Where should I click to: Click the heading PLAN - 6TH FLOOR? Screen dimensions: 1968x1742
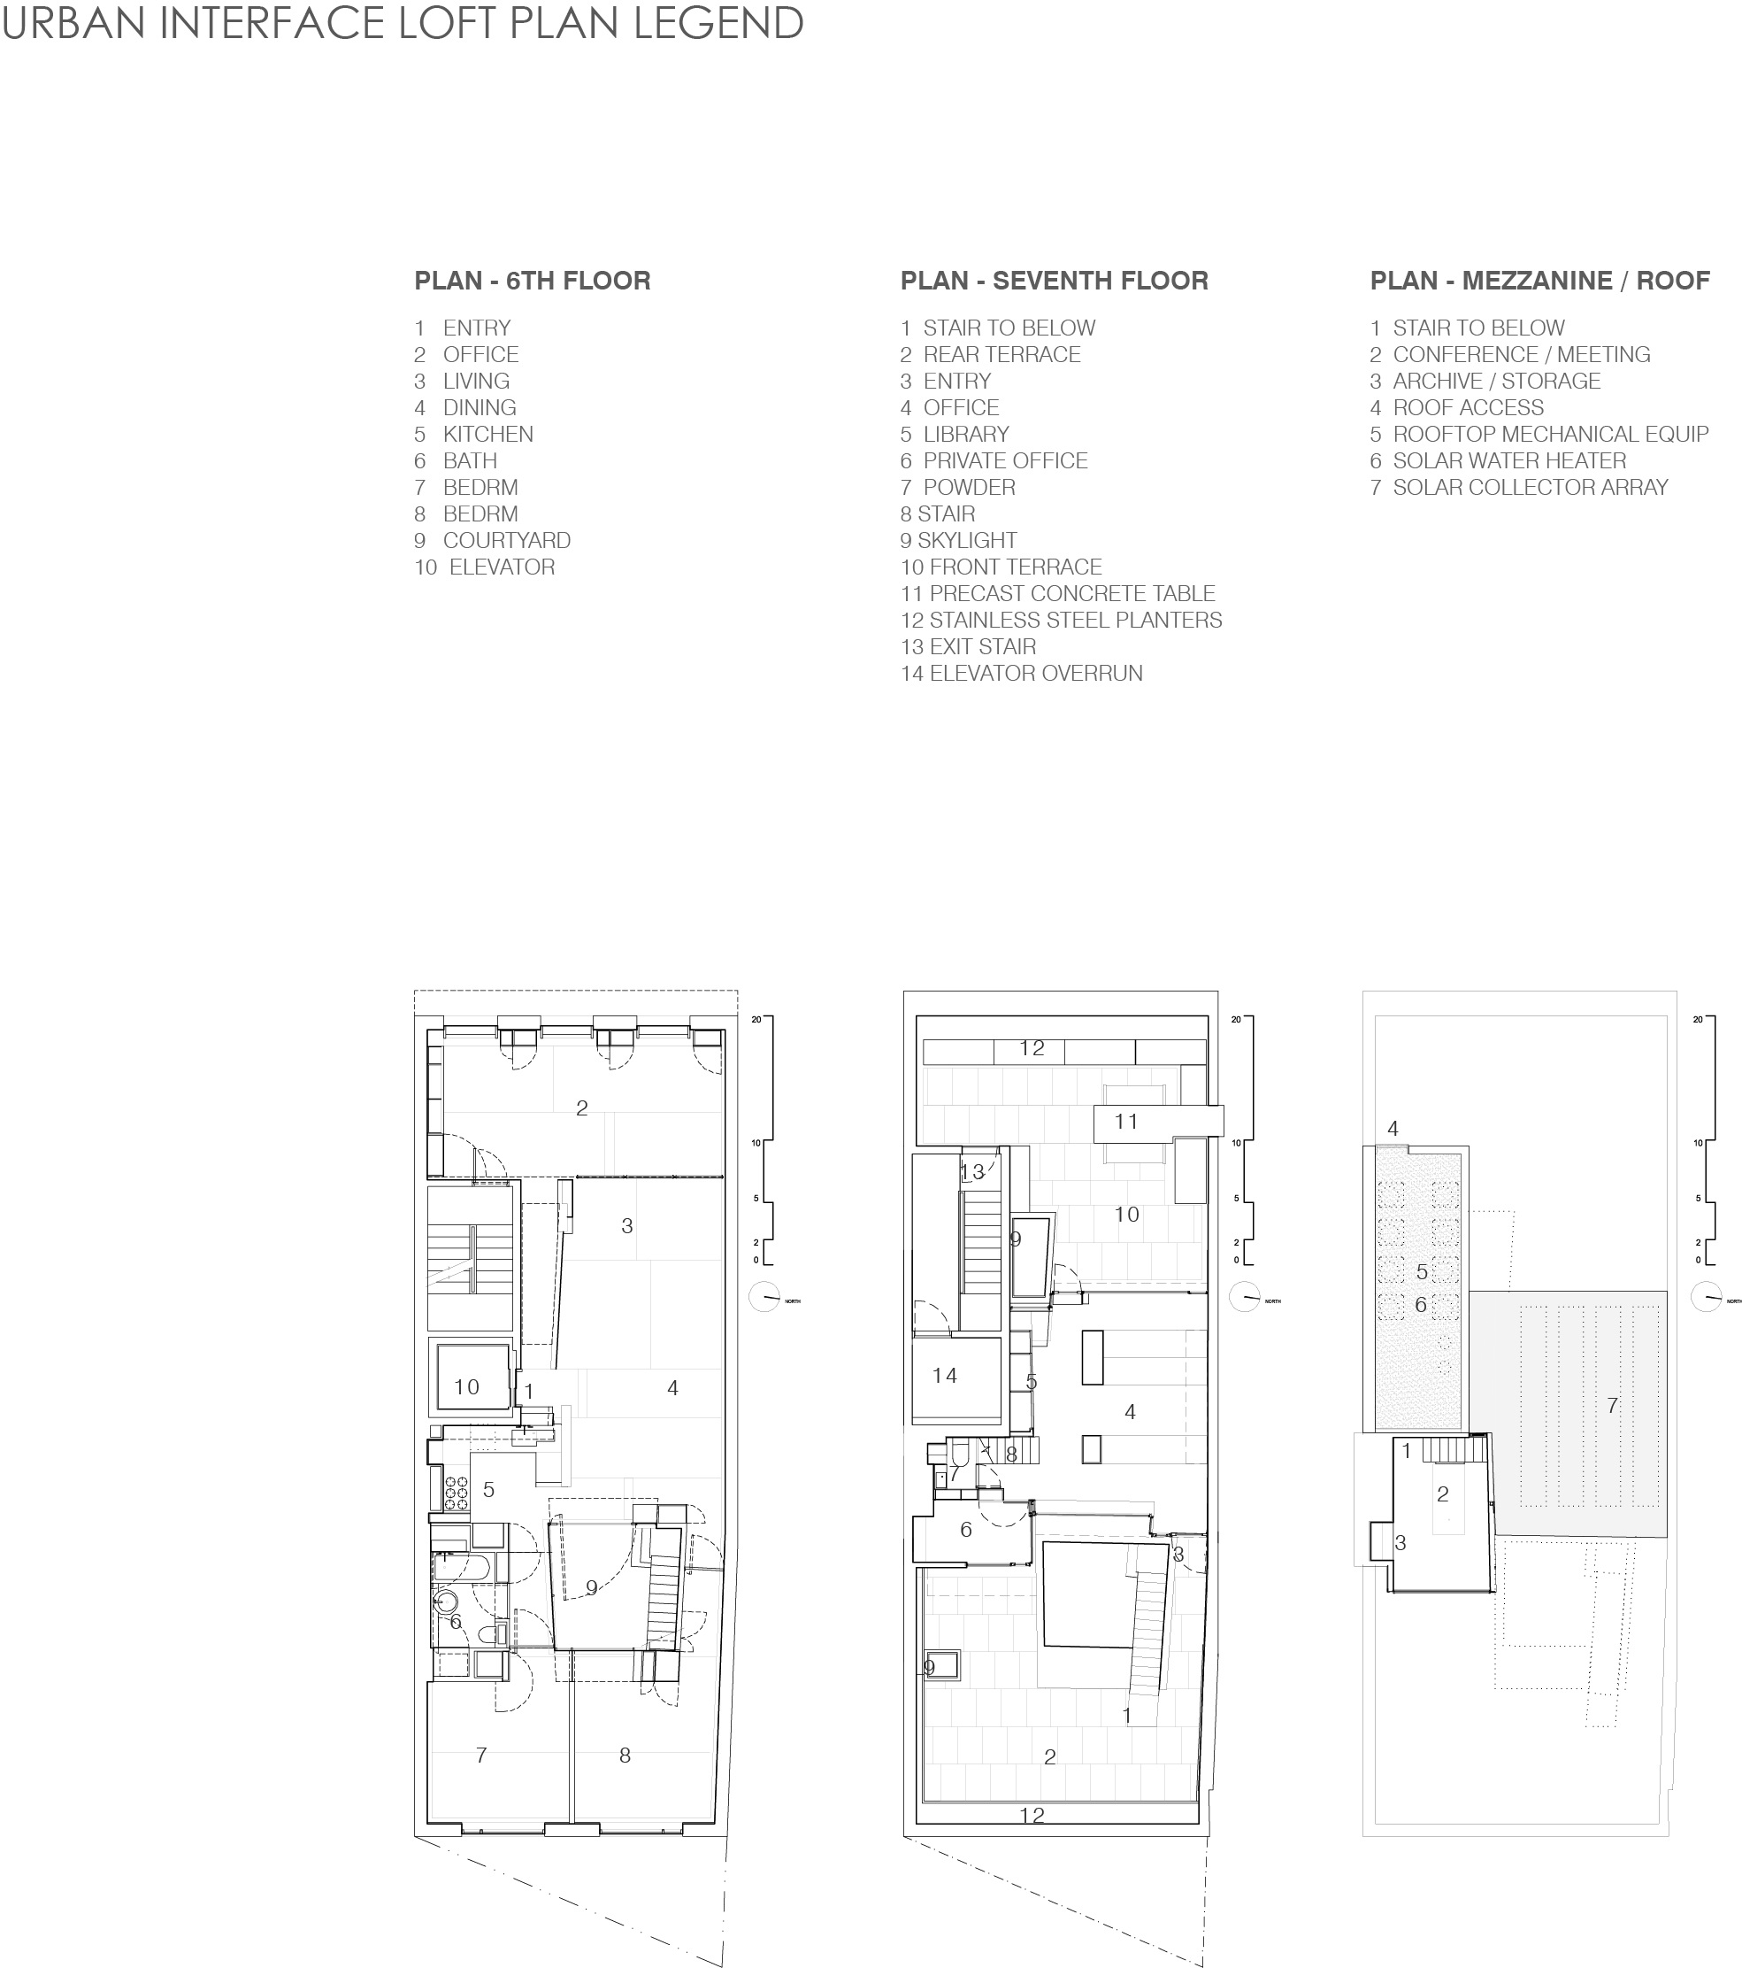533,282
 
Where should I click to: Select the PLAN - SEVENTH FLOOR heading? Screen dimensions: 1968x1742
1054,282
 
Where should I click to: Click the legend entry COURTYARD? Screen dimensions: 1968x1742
506,540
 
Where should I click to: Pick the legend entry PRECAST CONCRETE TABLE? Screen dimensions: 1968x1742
1071,593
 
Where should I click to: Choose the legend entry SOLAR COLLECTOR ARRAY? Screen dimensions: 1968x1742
1530,487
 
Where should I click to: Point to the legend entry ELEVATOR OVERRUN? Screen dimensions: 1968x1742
1036,673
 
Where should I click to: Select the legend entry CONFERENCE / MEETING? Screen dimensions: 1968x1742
1521,354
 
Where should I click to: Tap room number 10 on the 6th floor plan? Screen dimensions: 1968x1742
467,1387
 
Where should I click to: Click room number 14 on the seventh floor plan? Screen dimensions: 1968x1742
944,1376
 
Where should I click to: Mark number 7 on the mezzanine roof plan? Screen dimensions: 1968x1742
1612,1406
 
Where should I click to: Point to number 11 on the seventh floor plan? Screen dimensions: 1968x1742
1126,1122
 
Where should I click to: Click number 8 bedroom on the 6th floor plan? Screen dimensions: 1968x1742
625,1756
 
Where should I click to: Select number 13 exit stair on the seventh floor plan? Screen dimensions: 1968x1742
972,1172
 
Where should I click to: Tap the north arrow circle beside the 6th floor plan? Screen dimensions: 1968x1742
764,1297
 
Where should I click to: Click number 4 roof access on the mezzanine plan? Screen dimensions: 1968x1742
1393,1129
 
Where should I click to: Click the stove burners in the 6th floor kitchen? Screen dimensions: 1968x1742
457,1493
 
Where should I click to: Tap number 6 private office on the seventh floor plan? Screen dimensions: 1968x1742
965,1530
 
